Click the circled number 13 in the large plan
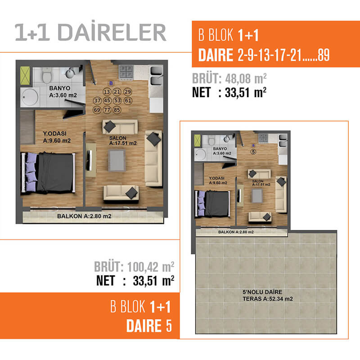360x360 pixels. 107,92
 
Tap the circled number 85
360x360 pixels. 117,110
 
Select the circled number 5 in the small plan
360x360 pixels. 253,152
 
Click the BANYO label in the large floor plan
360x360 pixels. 60,88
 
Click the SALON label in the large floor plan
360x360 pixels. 118,138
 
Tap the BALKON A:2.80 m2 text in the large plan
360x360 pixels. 84,216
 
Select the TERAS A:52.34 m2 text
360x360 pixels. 268,299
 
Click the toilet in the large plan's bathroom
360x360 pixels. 47,75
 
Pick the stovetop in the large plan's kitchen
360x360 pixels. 126,72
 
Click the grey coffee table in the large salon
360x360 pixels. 117,161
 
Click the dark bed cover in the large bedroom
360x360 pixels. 55,172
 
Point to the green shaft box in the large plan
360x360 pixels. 25,75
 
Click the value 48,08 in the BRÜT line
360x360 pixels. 238,79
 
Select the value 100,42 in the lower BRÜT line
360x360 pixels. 143,267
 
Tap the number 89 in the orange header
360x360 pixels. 324,55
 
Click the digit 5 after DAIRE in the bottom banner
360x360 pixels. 169,325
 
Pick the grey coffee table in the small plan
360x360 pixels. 257,196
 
